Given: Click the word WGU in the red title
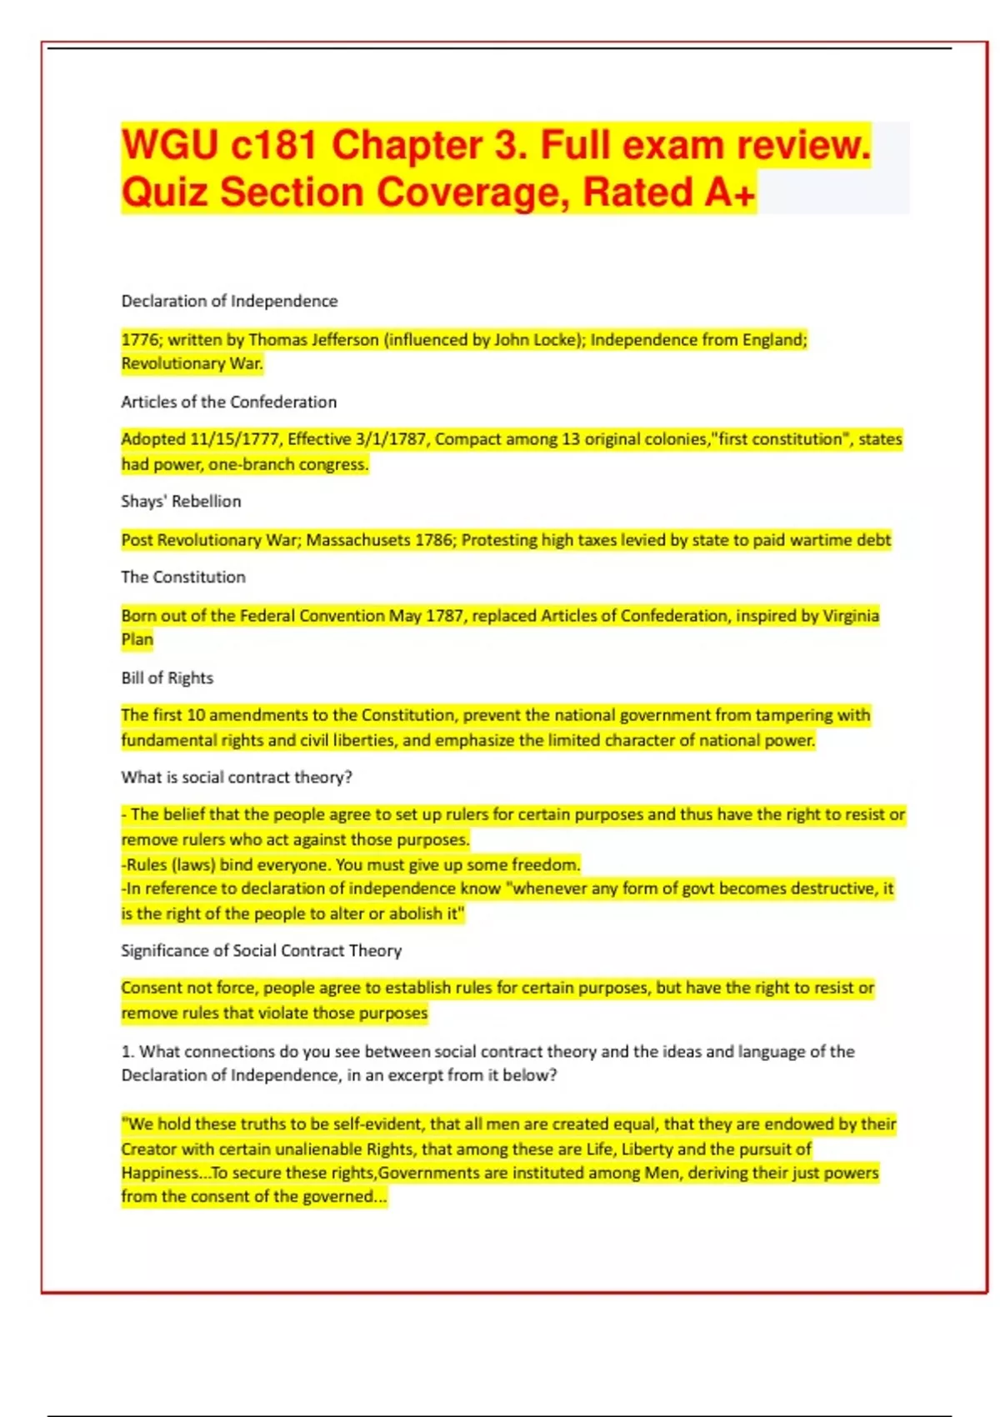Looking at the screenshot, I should (170, 145).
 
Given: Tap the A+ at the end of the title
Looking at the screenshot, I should (730, 193).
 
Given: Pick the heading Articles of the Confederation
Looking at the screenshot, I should (229, 402).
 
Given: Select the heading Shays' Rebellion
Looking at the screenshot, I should (181, 501).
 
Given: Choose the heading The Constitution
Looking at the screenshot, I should (183, 577).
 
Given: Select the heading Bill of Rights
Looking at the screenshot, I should (167, 678).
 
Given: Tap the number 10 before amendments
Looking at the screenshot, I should (196, 715).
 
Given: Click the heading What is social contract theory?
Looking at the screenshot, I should (237, 777).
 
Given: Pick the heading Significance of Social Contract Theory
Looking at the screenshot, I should (261, 950).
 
